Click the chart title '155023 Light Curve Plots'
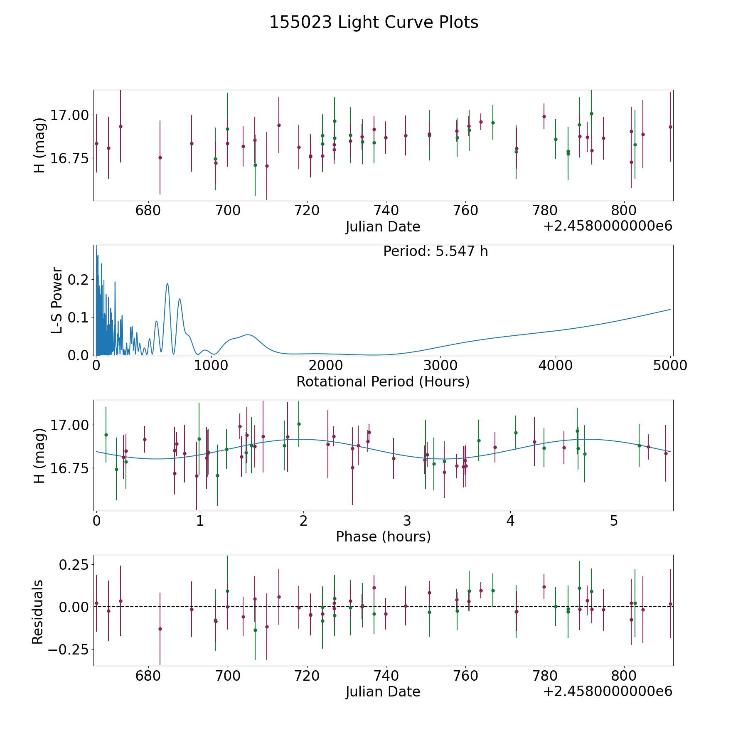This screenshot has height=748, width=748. [x=374, y=22]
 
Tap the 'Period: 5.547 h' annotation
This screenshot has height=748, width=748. [x=435, y=251]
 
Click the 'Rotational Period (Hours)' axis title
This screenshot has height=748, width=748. [x=383, y=381]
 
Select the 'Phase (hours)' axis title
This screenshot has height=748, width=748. [x=383, y=536]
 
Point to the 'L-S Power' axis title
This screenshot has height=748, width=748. [x=57, y=300]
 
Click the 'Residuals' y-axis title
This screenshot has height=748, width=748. [x=38, y=612]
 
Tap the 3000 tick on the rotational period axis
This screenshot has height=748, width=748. [x=440, y=366]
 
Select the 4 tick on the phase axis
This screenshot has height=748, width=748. [x=510, y=521]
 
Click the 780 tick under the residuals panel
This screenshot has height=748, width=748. [x=544, y=676]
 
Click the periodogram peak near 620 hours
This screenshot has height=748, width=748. [x=167, y=283]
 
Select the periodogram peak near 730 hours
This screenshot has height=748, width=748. [x=180, y=299]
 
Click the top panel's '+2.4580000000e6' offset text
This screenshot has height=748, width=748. [x=608, y=226]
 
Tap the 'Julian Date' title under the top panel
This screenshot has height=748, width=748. [x=383, y=227]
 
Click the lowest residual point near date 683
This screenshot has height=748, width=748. [x=160, y=629]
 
